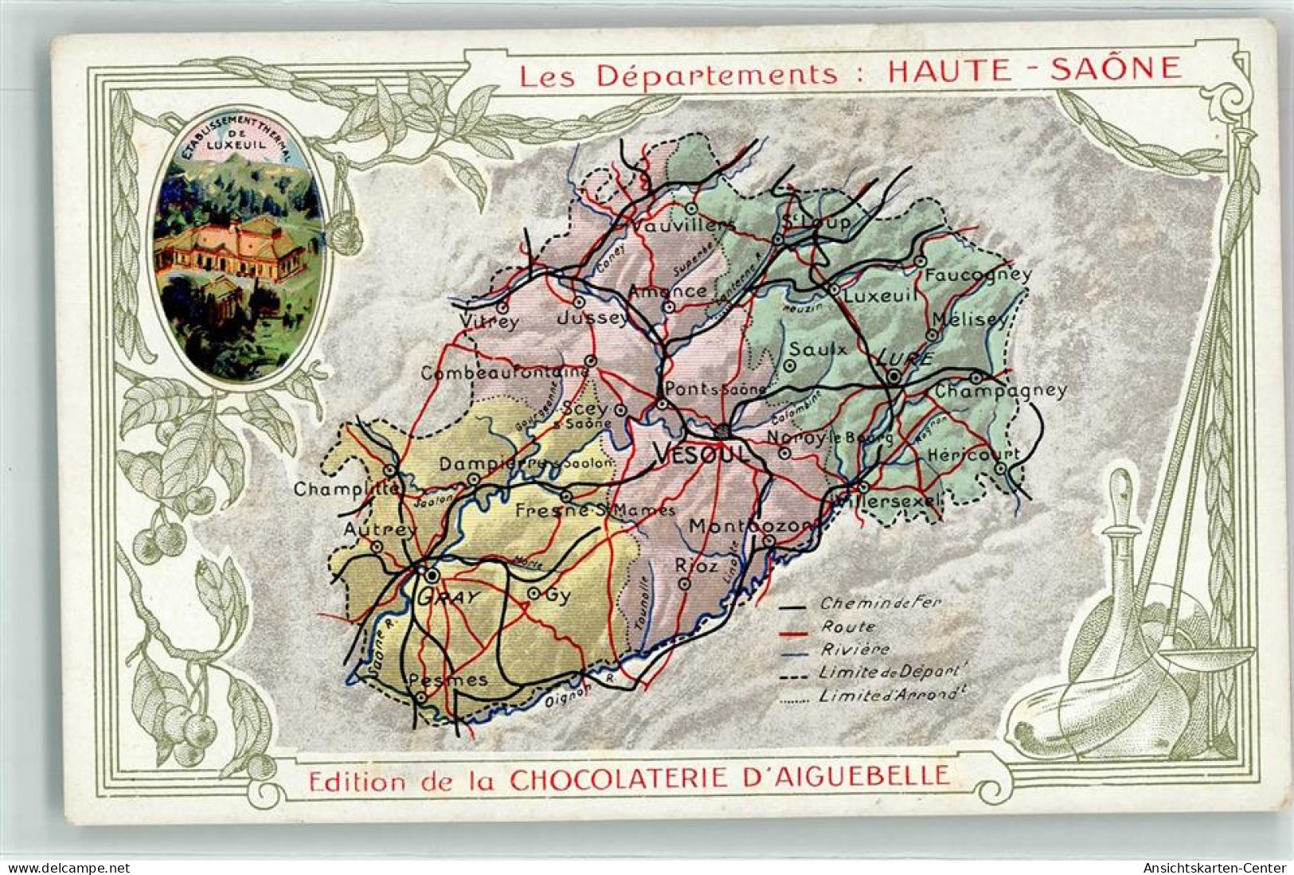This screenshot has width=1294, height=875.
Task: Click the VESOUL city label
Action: click(x=702, y=454)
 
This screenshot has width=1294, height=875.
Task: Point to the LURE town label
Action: click(x=903, y=358)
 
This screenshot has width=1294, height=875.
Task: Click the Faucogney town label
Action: click(x=978, y=275)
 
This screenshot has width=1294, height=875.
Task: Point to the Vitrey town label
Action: click(x=489, y=322)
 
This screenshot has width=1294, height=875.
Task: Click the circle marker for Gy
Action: click(x=534, y=593)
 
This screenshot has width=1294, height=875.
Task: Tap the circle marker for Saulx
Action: click(x=790, y=365)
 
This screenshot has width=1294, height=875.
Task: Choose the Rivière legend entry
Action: click(x=856, y=650)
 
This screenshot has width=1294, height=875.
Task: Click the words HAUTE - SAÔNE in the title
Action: click(x=1034, y=70)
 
